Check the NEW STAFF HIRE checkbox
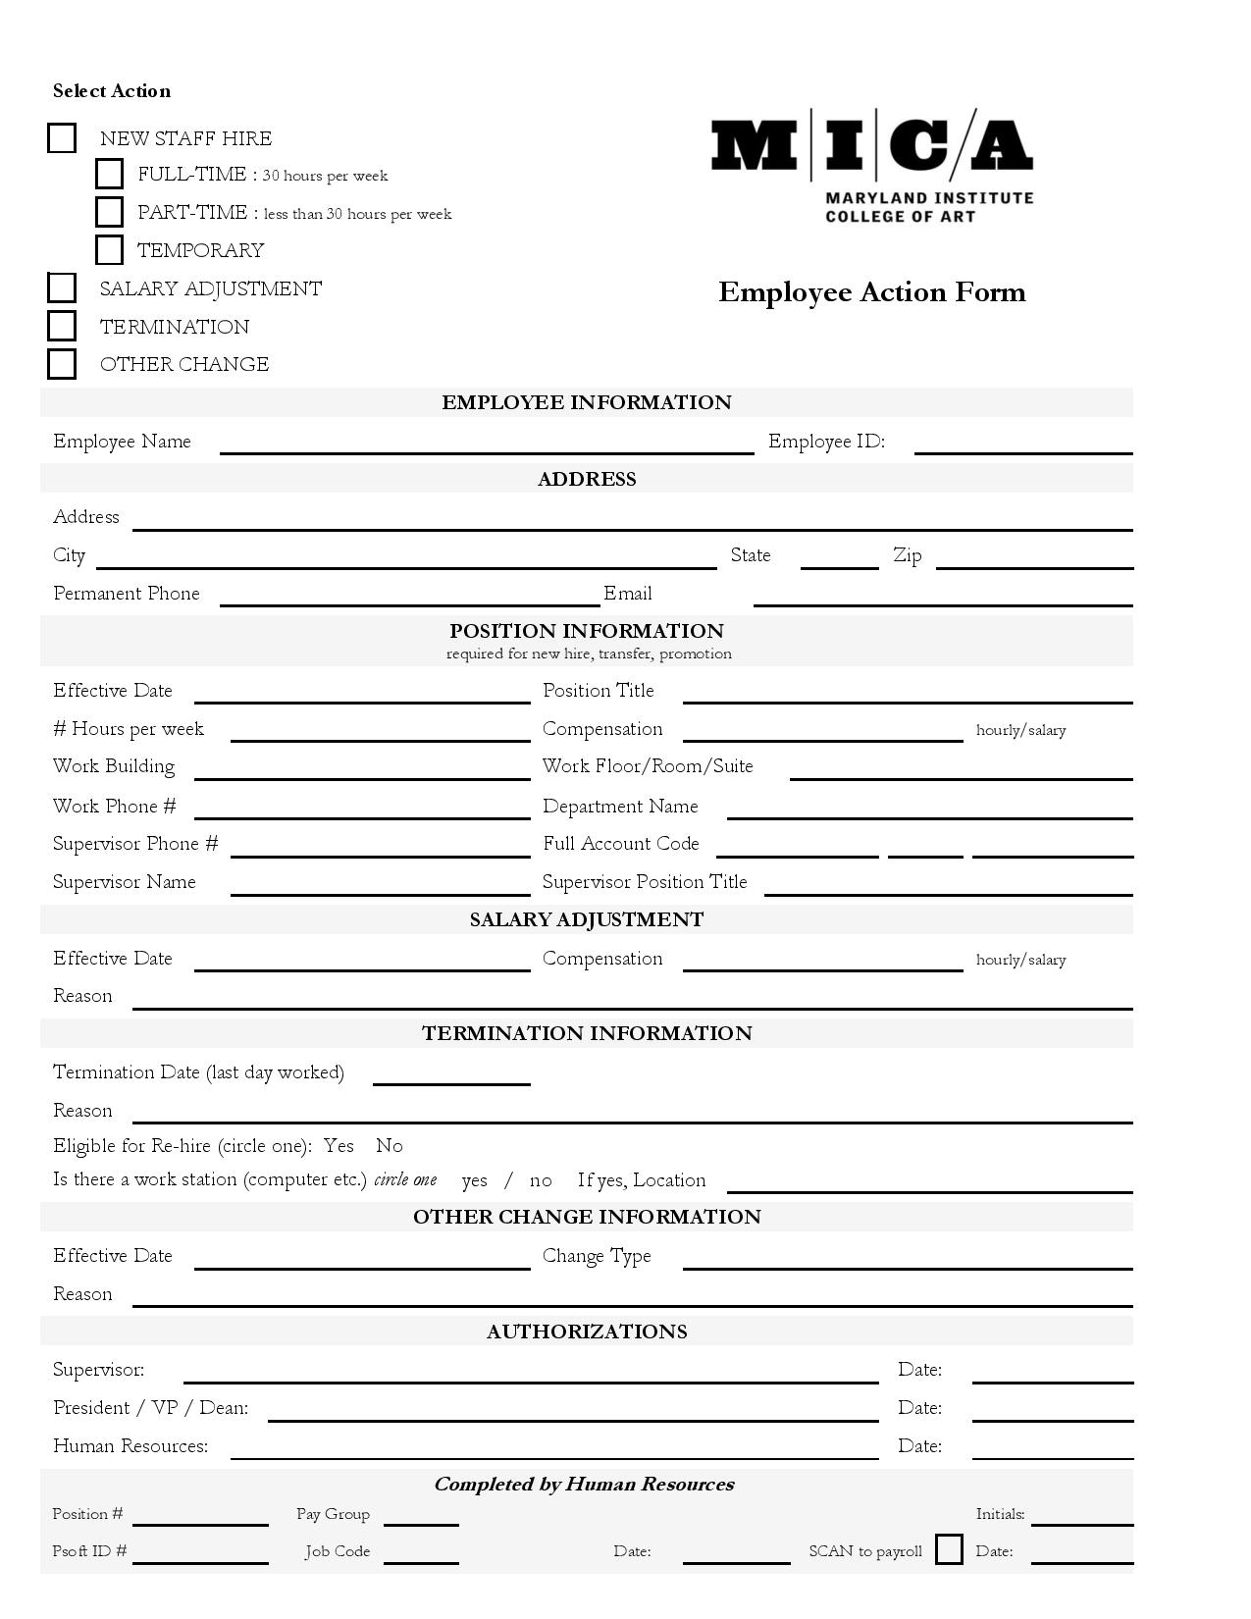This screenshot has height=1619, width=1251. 62,138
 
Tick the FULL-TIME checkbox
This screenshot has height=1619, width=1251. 109,175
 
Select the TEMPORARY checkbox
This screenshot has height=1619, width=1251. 109,250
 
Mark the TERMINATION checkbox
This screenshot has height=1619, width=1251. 62,326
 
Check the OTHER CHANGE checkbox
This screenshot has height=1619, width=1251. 62,364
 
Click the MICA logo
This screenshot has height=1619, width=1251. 871,165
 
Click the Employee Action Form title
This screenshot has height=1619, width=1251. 871,292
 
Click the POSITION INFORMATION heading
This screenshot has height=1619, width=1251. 586,631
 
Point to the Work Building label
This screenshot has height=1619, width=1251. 114,766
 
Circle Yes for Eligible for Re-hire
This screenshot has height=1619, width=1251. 339,1146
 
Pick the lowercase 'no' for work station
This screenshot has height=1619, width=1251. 541,1180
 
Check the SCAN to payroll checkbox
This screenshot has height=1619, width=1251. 949,1550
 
